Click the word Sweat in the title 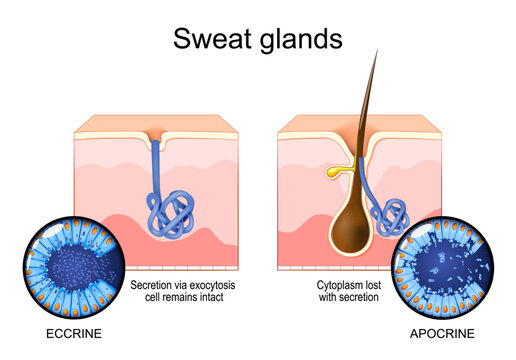(x=213, y=39)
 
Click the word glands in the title (x=299, y=40)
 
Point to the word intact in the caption (x=219, y=297)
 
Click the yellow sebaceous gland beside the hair (x=333, y=172)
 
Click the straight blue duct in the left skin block (x=156, y=165)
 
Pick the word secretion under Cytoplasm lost (x=355, y=297)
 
